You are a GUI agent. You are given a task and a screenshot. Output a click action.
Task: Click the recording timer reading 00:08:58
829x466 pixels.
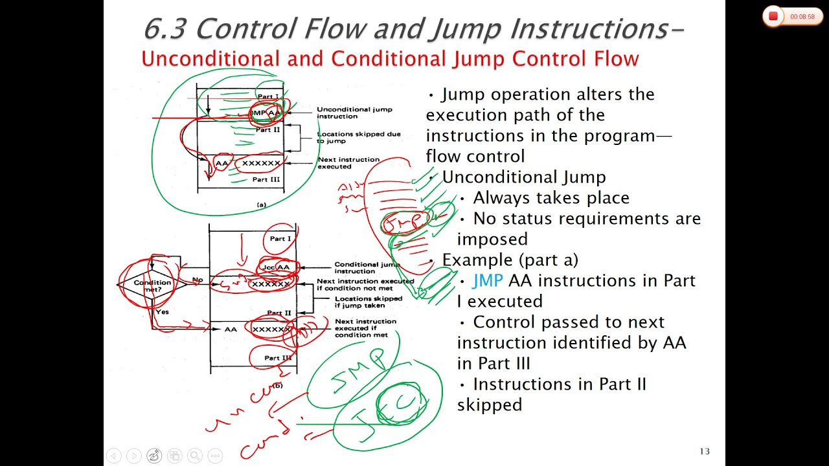click(802, 17)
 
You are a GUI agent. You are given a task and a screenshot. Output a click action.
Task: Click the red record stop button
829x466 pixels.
click(773, 16)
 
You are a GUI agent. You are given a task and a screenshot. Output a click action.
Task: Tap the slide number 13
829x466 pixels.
click(705, 451)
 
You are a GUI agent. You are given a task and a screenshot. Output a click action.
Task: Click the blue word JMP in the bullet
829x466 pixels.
click(488, 280)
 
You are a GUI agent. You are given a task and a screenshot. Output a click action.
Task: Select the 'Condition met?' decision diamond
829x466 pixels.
click(152, 285)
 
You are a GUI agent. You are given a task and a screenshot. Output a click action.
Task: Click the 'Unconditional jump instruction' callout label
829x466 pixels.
click(345, 113)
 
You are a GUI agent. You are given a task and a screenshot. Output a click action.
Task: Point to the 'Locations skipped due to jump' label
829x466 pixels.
click(358, 137)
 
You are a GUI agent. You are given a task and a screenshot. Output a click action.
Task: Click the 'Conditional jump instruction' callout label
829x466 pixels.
click(367, 267)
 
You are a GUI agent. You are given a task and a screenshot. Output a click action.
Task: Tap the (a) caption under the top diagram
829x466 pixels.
click(261, 205)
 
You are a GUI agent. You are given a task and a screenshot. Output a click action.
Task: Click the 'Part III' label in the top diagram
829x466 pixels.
click(266, 179)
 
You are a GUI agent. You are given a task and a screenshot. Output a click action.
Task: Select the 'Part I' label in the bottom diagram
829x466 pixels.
click(280, 239)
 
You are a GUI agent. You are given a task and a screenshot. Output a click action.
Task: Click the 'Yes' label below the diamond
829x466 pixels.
click(162, 312)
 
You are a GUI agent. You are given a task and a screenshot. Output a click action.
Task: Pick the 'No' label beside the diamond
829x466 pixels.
click(198, 280)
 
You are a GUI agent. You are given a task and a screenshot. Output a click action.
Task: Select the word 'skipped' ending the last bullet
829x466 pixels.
click(489, 405)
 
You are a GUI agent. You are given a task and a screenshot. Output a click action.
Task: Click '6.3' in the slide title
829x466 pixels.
click(165, 28)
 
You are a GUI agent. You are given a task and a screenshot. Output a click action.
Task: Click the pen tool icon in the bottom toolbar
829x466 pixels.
click(154, 456)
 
